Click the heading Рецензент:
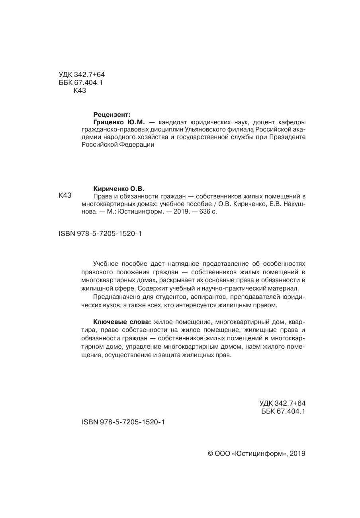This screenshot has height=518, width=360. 112,114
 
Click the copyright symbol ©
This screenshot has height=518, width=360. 211,453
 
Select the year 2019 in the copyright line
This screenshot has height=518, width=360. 297,453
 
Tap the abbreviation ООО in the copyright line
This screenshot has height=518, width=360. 222,453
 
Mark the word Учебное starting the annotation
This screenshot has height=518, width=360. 106,264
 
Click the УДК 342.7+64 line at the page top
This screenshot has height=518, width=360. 82,75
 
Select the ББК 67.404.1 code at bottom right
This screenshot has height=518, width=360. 283,411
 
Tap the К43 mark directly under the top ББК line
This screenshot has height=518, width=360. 80,90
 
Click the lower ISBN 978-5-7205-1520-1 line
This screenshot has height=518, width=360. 123,422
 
